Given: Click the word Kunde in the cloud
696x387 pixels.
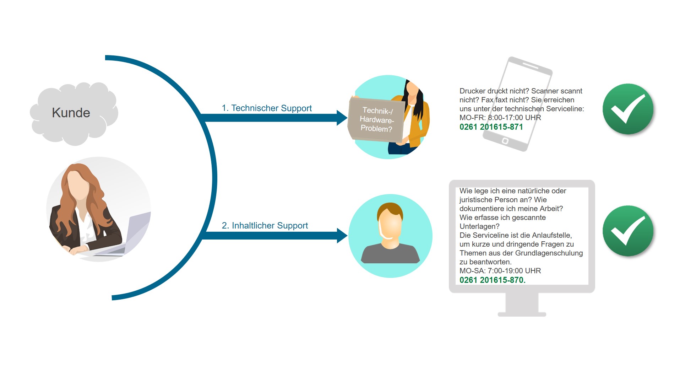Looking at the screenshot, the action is (x=71, y=113).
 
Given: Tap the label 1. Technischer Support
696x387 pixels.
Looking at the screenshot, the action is (x=267, y=108).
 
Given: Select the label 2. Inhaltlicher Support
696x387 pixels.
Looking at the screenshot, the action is (x=265, y=225).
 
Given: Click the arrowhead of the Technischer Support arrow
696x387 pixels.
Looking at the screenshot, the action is (x=342, y=118).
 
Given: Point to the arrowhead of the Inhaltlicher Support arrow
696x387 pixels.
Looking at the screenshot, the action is (x=342, y=236).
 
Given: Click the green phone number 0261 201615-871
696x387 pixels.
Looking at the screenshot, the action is (x=491, y=127).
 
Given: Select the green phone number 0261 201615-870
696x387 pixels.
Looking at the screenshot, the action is (x=493, y=280).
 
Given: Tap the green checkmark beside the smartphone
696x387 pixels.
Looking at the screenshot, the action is (x=628, y=109).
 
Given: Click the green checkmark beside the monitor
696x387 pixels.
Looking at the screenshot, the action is (x=628, y=231).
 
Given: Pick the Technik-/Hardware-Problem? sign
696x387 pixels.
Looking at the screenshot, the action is (x=376, y=120).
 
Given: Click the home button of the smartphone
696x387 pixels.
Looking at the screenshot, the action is (x=505, y=141).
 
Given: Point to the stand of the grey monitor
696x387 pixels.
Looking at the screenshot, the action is (x=522, y=305).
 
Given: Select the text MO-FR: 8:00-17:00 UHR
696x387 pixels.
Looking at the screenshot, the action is (x=500, y=118).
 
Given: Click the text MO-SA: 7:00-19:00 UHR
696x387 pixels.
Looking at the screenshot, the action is (x=500, y=271).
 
